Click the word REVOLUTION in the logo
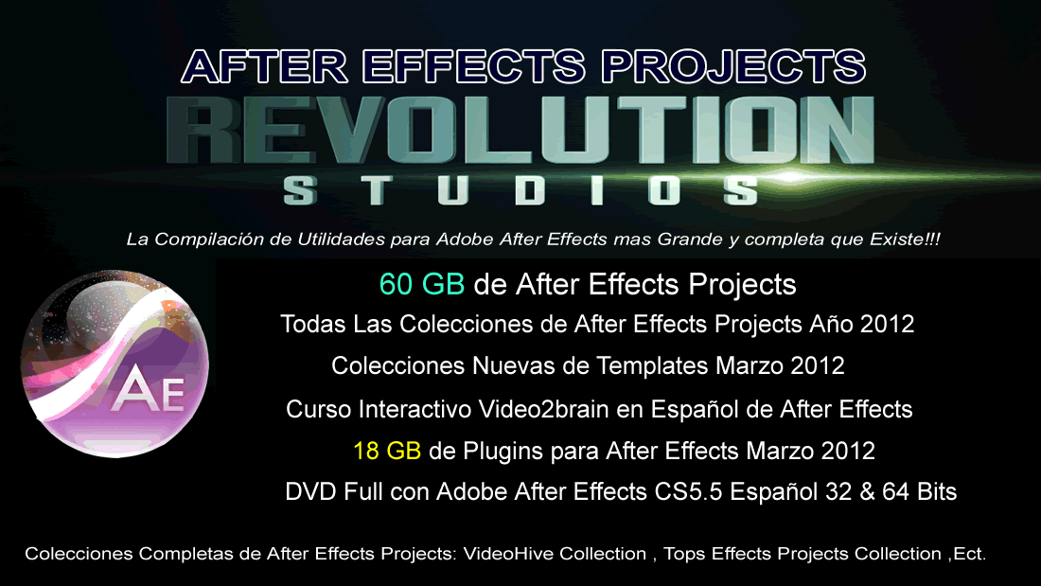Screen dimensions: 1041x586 tap(520, 130)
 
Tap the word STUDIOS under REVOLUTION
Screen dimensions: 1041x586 tap(521, 190)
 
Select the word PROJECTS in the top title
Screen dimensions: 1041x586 tap(733, 66)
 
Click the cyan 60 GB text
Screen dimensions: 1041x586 tap(421, 284)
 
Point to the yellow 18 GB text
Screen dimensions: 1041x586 tap(387, 452)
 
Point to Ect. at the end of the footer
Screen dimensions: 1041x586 tap(970, 554)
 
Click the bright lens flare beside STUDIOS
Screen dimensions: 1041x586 tap(790, 177)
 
